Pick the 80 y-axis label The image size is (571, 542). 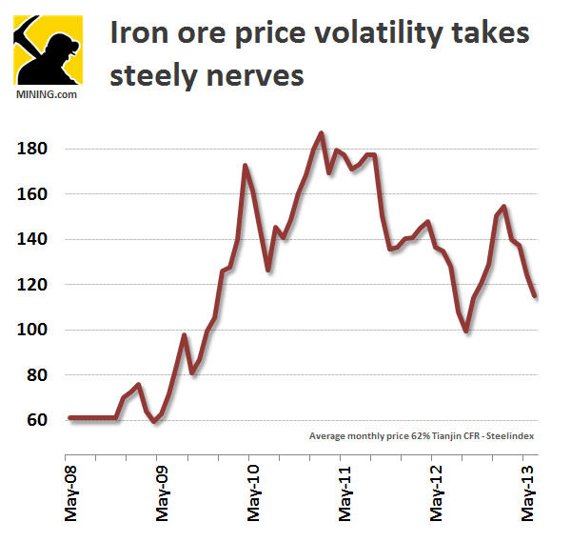34,375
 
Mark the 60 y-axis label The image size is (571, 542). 34,420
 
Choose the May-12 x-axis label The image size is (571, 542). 437,493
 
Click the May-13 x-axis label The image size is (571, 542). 527,493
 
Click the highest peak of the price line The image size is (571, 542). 321,133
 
